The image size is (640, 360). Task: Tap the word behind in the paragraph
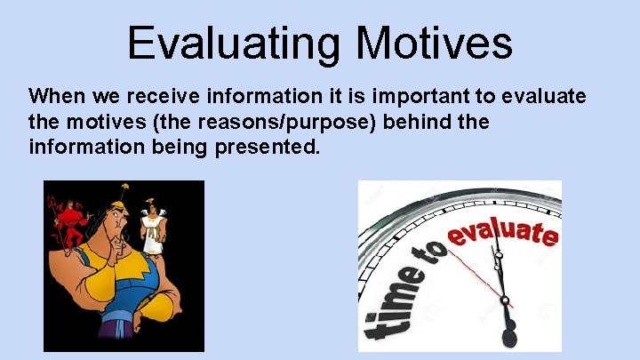point(422,121)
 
